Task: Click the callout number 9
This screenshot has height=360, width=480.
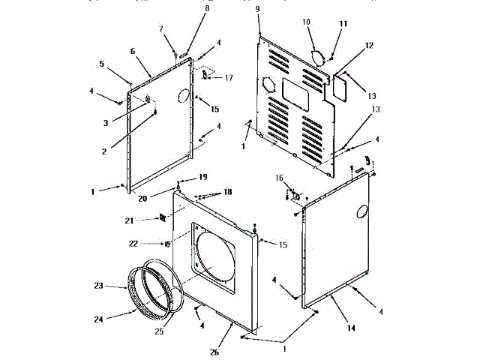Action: click(257, 8)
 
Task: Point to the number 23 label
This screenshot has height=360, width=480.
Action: click(99, 286)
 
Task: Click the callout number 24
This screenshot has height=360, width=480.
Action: click(99, 319)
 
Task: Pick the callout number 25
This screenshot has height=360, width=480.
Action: click(158, 331)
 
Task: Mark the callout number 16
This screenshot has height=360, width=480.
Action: click(279, 178)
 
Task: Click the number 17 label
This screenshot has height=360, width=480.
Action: click(229, 77)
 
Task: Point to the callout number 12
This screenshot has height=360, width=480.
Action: click(368, 46)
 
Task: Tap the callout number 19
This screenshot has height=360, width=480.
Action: click(203, 177)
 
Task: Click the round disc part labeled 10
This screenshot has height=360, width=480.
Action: click(318, 56)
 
